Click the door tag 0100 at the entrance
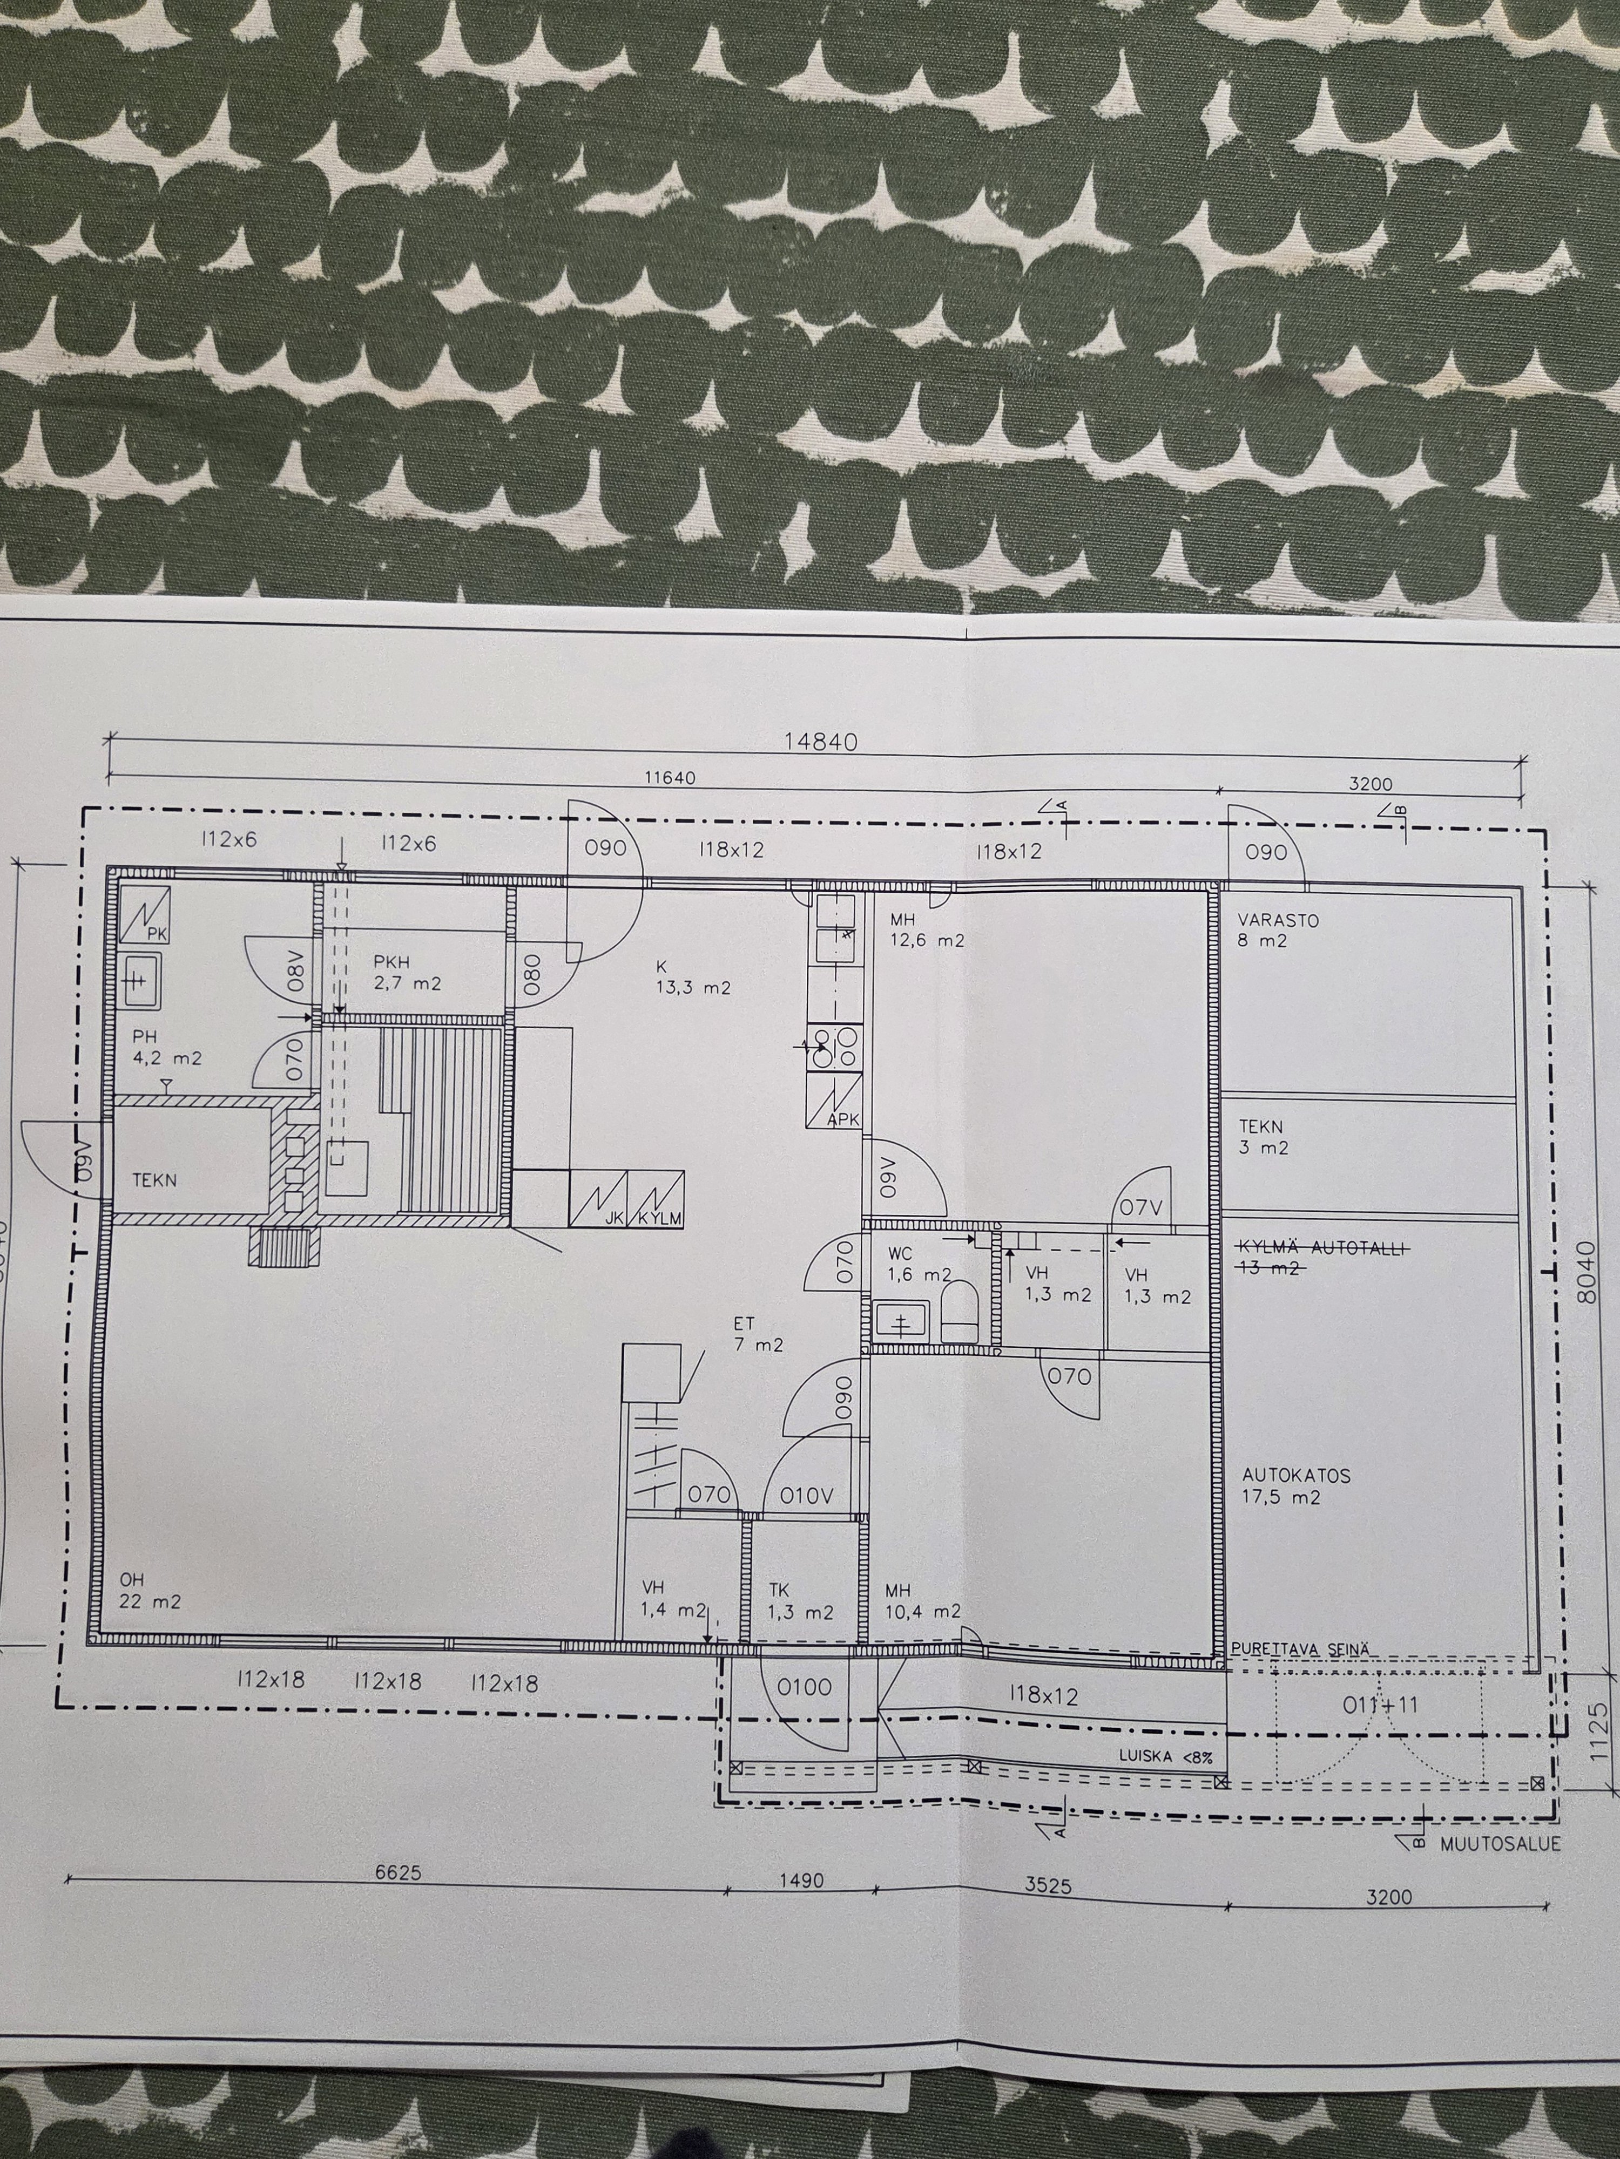805,1686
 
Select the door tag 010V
807,1495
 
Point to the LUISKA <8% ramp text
1166,1757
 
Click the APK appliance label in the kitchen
842,1119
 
